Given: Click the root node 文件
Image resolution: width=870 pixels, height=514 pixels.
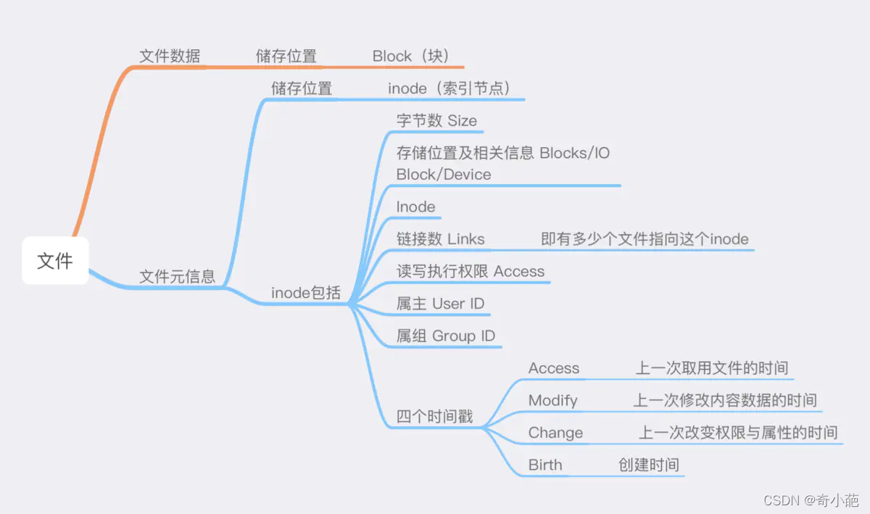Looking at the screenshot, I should click(x=55, y=260).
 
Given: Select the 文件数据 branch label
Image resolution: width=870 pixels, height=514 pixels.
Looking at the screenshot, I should click(x=170, y=56).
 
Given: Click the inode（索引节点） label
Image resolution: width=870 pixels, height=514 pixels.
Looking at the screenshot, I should click(x=450, y=88).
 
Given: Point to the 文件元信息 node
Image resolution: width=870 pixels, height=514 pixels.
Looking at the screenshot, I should click(x=177, y=276).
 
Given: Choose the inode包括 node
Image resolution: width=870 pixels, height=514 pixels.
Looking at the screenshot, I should click(x=305, y=293).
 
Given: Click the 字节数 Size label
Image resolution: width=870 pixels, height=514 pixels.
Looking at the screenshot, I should click(x=436, y=120).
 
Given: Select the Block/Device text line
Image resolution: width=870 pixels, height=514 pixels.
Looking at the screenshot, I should click(x=444, y=175).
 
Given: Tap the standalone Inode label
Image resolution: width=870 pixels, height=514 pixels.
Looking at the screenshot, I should click(x=415, y=207).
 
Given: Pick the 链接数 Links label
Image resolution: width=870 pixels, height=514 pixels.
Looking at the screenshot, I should click(x=440, y=239).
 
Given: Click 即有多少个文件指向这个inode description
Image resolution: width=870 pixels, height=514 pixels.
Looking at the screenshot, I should click(x=645, y=239).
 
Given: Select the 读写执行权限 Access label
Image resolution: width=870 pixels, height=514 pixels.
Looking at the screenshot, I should click(x=470, y=271).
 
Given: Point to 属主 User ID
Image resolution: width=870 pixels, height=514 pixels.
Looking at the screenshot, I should click(x=440, y=304).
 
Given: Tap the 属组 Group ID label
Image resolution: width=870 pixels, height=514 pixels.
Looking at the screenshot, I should click(x=445, y=336).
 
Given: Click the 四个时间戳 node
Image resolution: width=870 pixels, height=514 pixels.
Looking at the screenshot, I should click(x=434, y=417).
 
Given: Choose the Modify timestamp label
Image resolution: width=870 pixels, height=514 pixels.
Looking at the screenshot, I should click(x=552, y=400).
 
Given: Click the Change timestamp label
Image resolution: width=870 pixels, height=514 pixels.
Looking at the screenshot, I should click(x=555, y=433).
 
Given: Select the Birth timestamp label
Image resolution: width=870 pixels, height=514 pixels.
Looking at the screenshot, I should click(x=544, y=465).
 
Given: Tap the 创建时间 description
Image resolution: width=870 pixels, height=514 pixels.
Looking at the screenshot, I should click(x=648, y=465).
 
